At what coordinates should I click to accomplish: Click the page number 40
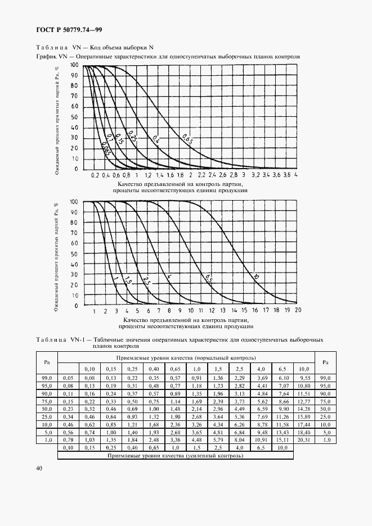[x=38, y=468]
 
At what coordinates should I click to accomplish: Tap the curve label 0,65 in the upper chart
[x=187, y=138]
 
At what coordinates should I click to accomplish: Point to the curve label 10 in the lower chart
[x=256, y=276]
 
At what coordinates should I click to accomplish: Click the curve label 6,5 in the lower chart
[x=208, y=277]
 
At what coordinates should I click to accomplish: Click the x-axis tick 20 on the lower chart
[x=298, y=310]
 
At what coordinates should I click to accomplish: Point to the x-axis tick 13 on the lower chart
[x=223, y=310]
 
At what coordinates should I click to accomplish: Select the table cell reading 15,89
[x=303, y=416]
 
